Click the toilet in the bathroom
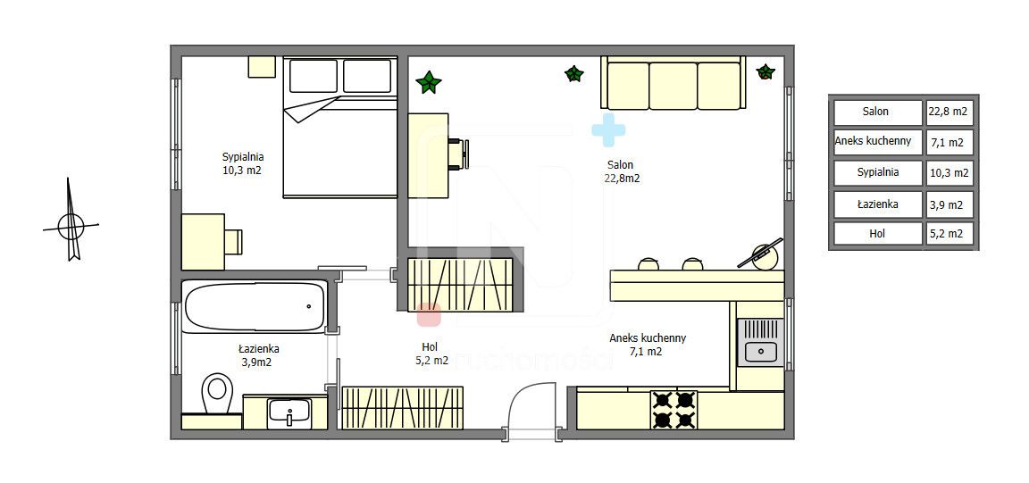pos(217,394)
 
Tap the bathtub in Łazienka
pos(255,306)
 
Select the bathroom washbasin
pos(289,412)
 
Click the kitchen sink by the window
pos(760,343)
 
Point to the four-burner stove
pos(674,410)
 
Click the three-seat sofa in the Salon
pos(673,83)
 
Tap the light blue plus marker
pos(608,129)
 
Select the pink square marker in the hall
pos(429,314)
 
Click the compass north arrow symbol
pos(71,220)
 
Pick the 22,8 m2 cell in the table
pos(948,112)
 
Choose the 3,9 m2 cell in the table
pos(948,204)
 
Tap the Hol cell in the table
pos(878,234)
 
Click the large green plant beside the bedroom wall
pos(429,82)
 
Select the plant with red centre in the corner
pos(765,71)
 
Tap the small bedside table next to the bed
pos(262,67)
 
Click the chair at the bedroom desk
pos(234,241)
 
